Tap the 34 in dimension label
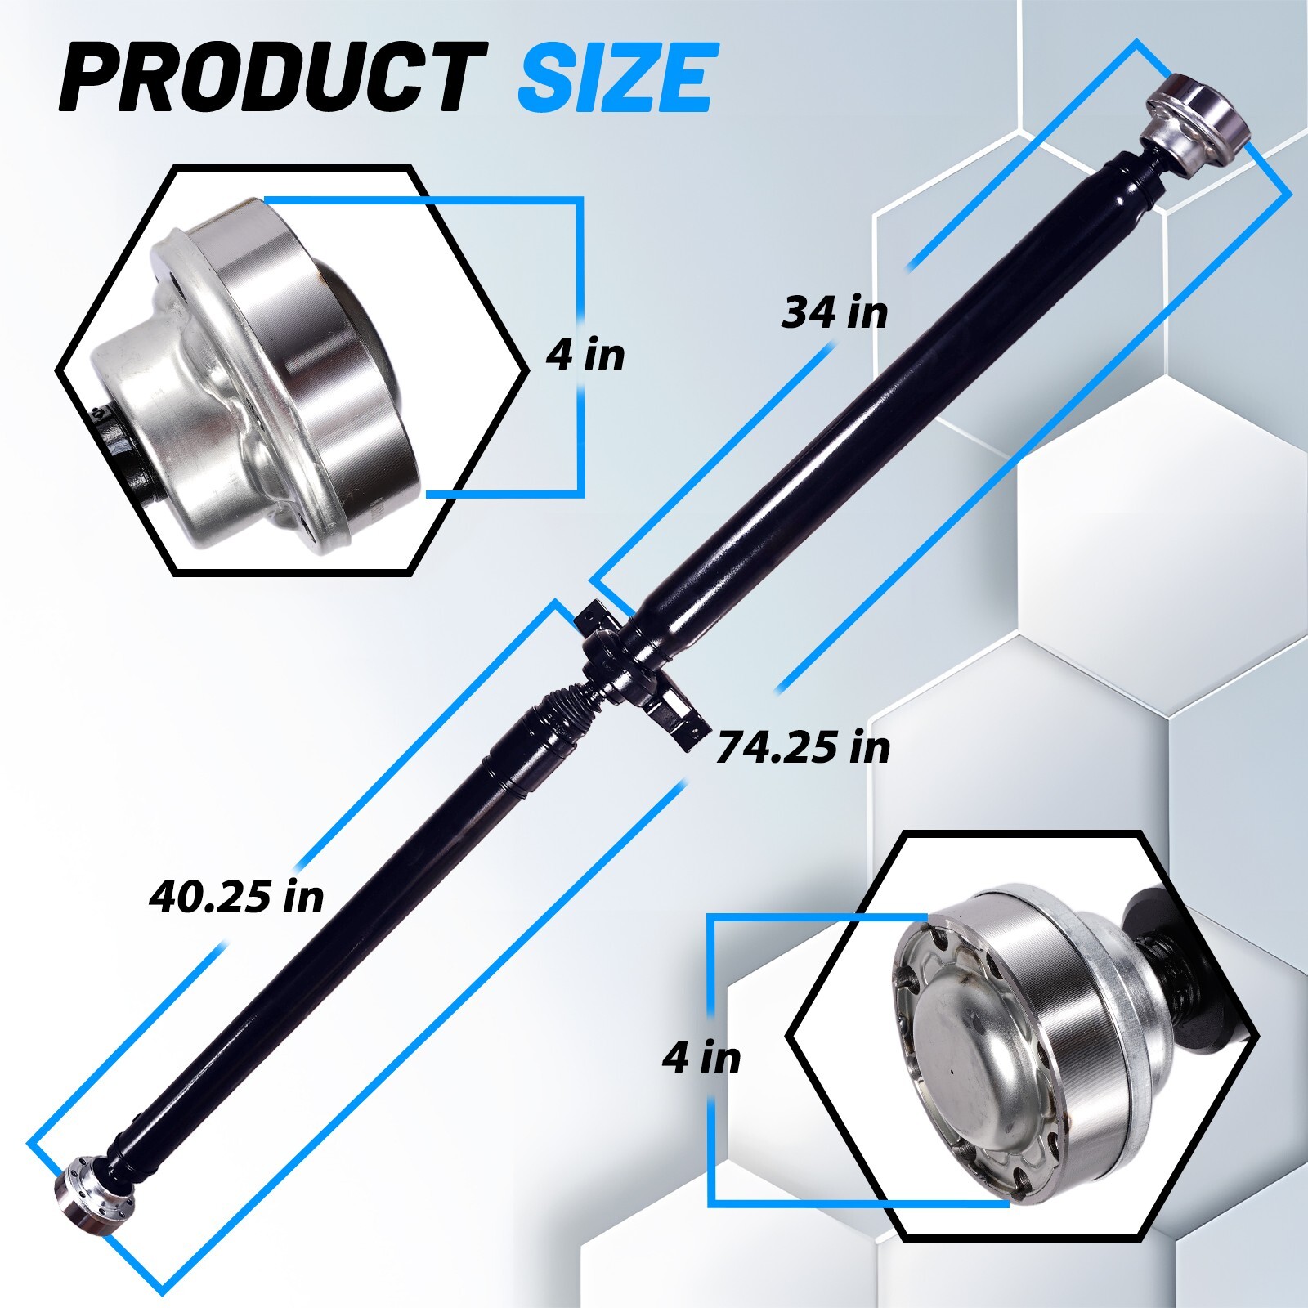pyautogui.click(x=834, y=312)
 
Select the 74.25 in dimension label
pyautogui.click(x=803, y=747)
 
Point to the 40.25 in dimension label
pyautogui.click(x=236, y=896)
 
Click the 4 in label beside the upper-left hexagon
pyautogui.click(x=585, y=355)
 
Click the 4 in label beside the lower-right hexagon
pyautogui.click(x=701, y=1058)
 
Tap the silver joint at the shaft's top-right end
pyautogui.click(x=1195, y=120)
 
